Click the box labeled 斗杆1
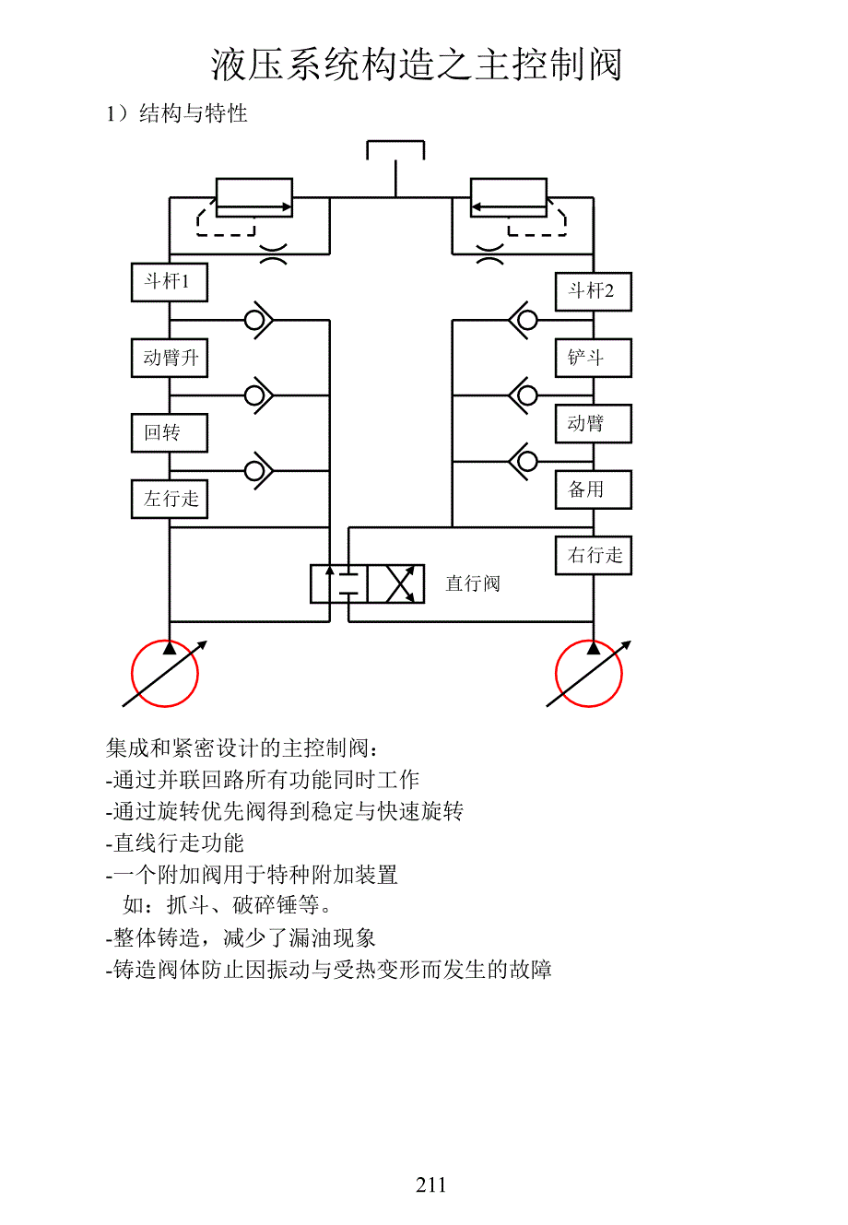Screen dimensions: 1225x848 coord(170,282)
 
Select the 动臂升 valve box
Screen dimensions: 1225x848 coord(170,358)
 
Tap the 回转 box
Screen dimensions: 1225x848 coord(170,432)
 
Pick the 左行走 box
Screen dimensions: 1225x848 coord(170,499)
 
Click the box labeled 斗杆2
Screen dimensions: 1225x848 coord(593,291)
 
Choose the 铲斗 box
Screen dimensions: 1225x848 coord(593,358)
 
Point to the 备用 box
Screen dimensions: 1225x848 coord(593,489)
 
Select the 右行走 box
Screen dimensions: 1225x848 coord(593,556)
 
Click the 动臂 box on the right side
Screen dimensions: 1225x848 coord(593,424)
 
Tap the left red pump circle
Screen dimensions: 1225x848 coord(165,674)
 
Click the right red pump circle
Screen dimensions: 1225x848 coord(589,674)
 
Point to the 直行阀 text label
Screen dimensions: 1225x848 coord(473,583)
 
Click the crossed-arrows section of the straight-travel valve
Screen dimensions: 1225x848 coord(396,583)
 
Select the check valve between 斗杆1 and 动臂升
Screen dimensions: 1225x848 coord(257,320)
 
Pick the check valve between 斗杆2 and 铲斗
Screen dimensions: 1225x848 coord(524,320)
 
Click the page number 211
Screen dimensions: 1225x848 coord(430,1185)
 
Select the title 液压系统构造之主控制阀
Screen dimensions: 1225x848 coord(417,65)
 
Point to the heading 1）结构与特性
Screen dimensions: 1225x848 coord(177,113)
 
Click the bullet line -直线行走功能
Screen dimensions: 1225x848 coord(175,842)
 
